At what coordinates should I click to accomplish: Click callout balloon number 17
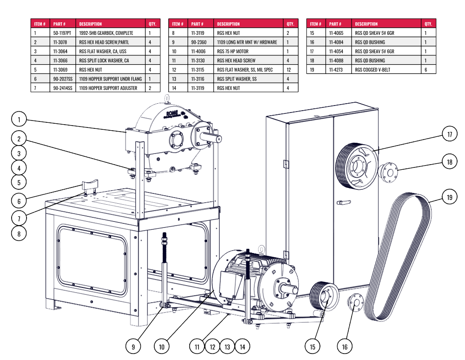pos(450,135)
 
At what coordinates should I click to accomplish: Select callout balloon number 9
pos(133,347)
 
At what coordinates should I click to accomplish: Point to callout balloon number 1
pos(19,120)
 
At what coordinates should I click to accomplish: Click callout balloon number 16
pos(345,347)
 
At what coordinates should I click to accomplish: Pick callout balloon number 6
pos(19,201)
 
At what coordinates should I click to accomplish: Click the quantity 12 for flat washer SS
pos(290,69)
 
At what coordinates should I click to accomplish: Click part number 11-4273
pos(337,69)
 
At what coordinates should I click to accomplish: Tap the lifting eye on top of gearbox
pos(167,98)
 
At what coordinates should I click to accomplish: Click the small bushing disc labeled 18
pos(388,172)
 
